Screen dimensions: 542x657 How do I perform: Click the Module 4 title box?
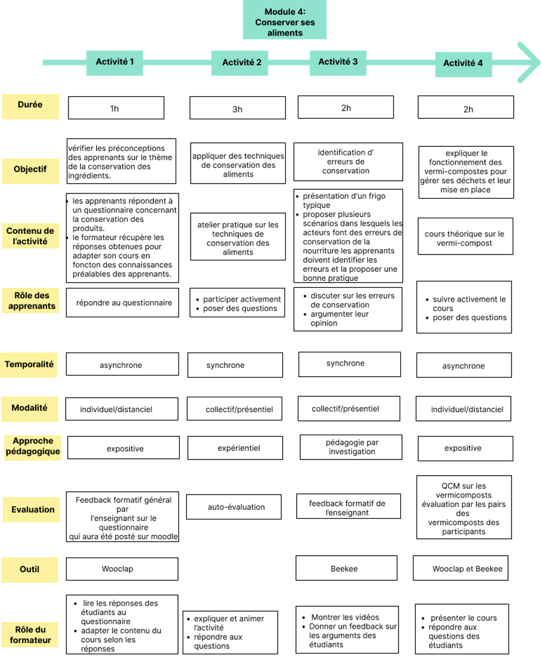point(285,20)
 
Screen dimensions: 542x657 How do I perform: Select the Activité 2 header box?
point(240,63)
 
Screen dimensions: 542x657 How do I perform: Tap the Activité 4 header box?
point(464,64)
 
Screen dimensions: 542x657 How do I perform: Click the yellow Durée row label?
point(31,107)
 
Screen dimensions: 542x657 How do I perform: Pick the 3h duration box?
point(238,108)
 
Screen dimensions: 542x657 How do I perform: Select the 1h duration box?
point(116,108)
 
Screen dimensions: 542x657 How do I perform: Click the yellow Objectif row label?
point(31,171)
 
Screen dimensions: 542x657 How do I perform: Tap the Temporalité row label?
point(28,365)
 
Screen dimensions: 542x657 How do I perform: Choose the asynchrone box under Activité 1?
point(123,364)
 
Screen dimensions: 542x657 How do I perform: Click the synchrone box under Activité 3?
point(350,364)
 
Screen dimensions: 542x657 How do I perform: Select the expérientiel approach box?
point(235,448)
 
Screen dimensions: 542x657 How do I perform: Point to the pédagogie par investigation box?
point(351,447)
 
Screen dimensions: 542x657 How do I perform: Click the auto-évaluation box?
point(234,507)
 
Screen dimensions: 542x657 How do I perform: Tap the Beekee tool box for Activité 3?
point(347,568)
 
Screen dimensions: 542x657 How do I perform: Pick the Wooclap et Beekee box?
point(461,568)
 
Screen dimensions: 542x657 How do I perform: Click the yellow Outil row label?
point(30,570)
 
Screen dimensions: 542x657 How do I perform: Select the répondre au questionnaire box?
point(123,302)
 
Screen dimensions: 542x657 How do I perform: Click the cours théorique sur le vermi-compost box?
point(465,236)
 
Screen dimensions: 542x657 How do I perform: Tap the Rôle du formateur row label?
point(30,635)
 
